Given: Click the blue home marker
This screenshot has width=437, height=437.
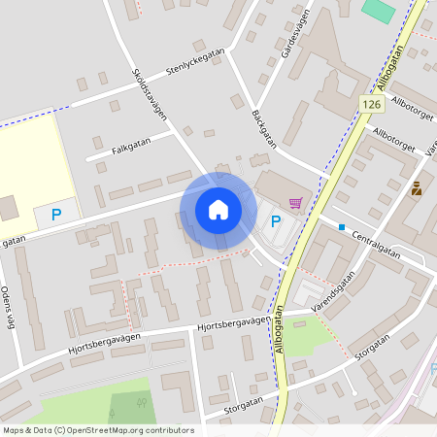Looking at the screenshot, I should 218,210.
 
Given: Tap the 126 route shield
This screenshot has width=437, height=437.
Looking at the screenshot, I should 371,104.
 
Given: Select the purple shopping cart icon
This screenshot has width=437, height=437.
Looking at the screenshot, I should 295,202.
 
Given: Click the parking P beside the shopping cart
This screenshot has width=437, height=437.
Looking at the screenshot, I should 276,221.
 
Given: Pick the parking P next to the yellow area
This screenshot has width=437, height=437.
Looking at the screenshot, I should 55,214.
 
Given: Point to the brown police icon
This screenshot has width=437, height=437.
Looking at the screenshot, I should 417,188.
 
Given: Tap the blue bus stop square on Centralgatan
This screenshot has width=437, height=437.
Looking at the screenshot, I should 342,227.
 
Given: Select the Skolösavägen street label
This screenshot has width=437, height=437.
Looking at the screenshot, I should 150,93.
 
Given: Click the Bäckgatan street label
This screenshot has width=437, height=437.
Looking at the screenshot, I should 263,127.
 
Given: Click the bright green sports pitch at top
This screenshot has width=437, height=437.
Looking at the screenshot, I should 379,10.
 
